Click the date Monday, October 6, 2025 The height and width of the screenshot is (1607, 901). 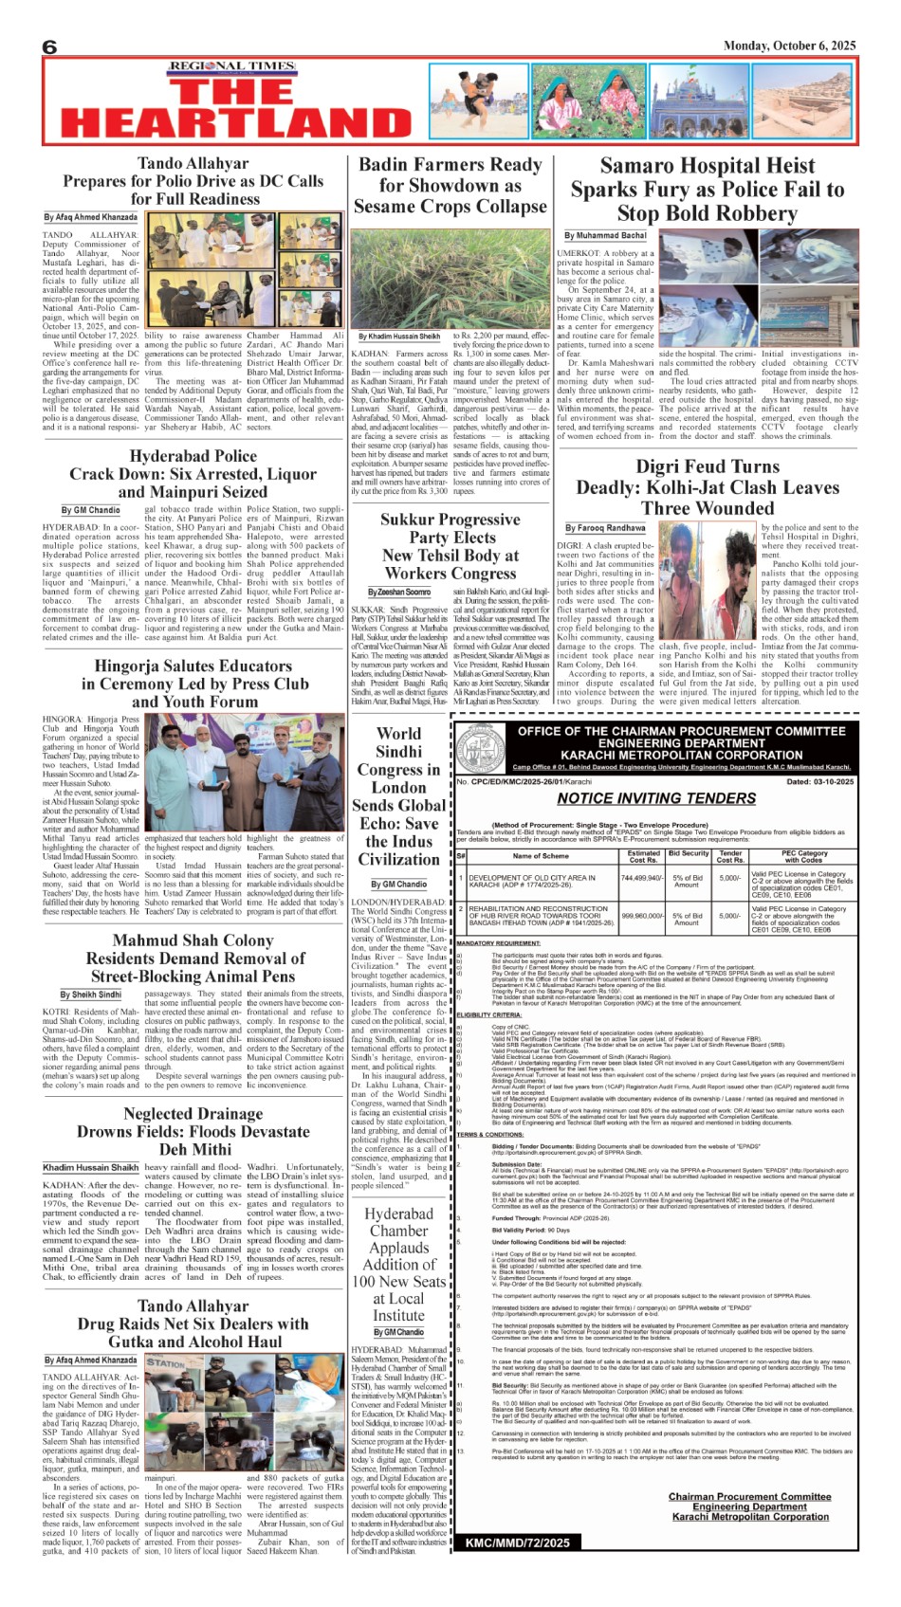[789, 46]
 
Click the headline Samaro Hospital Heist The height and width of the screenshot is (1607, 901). [707, 166]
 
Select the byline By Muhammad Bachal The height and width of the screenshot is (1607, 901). [605, 235]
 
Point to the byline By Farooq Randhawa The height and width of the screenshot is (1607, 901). [605, 528]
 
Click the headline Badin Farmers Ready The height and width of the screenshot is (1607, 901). [450, 164]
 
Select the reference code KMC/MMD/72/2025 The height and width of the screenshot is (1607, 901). [518, 1543]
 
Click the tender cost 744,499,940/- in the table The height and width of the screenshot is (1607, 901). [642, 878]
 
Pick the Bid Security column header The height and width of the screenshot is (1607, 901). [688, 853]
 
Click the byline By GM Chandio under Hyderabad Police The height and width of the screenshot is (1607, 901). [91, 510]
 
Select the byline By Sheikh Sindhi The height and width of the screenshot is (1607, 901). [91, 995]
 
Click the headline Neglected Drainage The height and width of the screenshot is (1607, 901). [193, 1114]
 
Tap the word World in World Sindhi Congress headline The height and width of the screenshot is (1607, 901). [398, 733]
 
